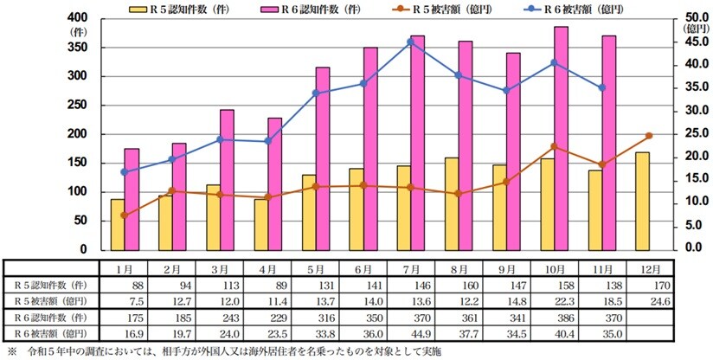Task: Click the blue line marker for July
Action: point(410,42)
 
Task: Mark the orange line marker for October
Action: point(554,146)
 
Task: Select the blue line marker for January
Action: point(125,171)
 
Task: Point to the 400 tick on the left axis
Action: point(80,18)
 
